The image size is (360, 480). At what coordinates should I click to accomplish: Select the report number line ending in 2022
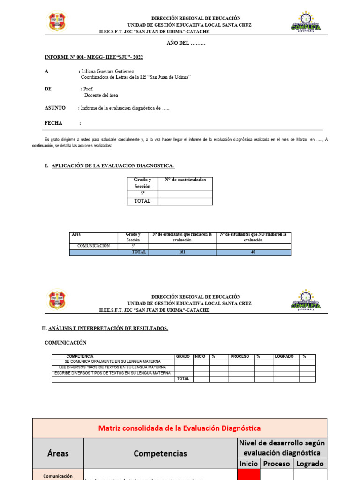94,57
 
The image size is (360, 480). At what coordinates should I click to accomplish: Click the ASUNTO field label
55,108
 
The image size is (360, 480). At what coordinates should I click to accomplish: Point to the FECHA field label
53,123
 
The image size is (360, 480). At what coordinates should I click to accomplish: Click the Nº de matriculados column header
185,180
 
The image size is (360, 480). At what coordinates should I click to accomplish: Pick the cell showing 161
182,252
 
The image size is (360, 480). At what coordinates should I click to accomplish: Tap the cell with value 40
253,252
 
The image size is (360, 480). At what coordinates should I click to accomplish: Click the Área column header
76,234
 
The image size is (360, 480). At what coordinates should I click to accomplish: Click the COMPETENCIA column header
80,357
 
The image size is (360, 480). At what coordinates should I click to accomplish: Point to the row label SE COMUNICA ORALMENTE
112,362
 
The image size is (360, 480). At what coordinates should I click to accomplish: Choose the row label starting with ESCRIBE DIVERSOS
112,373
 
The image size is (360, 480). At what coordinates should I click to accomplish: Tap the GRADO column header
183,357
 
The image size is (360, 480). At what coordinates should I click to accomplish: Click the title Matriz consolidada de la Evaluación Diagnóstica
180,428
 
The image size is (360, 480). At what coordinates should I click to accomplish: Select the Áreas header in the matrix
58,453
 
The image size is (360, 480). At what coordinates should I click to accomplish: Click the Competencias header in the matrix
160,453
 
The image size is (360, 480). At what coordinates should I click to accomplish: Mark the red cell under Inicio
248,474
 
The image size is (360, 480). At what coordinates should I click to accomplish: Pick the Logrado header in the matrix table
309,464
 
